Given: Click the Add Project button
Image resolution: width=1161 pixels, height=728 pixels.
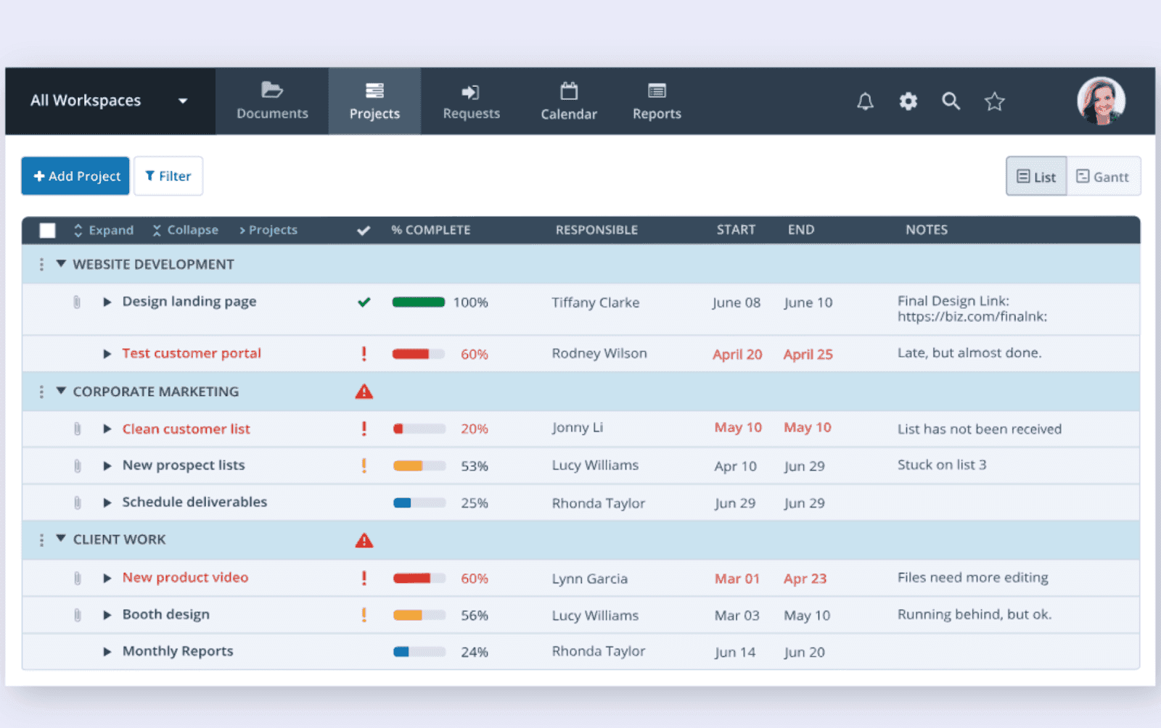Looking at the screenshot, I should [x=75, y=176].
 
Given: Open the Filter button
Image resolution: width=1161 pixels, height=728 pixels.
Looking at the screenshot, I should [x=168, y=176].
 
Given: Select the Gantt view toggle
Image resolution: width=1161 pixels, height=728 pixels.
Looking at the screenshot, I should [x=1103, y=177].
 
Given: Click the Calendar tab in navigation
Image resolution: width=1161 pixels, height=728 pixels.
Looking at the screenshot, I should [x=569, y=102].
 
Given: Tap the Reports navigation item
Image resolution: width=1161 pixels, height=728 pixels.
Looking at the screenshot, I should [x=657, y=102].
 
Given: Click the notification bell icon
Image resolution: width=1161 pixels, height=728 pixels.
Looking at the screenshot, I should [x=865, y=102].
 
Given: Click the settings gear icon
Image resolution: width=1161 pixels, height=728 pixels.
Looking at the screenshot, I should [x=908, y=102].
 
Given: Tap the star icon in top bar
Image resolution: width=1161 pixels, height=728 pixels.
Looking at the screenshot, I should [x=994, y=102].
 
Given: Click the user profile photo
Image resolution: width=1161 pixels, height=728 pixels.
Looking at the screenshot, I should [x=1101, y=101].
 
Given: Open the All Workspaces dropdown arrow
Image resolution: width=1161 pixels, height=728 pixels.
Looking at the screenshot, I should [x=183, y=101].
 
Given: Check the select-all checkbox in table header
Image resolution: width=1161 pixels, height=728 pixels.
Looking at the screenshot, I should [x=48, y=231].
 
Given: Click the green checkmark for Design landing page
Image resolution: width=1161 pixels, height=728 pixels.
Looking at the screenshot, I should [x=364, y=302].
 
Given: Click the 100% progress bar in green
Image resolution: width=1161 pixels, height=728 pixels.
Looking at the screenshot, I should [x=419, y=302].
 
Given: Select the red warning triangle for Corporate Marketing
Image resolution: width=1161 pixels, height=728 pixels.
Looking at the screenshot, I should [x=364, y=392].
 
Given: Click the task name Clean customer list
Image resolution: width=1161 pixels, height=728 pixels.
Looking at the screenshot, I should [x=186, y=429].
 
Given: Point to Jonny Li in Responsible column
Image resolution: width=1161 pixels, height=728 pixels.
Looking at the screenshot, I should [x=578, y=428].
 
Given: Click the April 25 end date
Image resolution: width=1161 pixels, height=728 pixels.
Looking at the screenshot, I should [x=808, y=355].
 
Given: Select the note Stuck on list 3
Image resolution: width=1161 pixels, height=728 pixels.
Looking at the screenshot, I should [x=942, y=465].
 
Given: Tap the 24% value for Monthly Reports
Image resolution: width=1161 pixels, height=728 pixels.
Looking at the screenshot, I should [x=475, y=652].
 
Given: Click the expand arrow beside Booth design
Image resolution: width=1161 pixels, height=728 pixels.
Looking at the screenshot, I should [x=107, y=615].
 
